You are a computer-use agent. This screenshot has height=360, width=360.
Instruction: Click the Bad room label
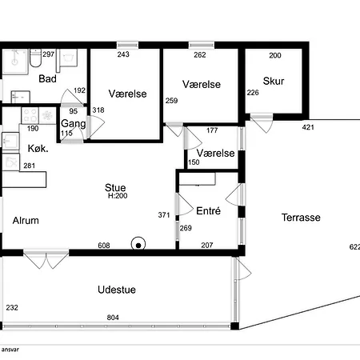(47, 79)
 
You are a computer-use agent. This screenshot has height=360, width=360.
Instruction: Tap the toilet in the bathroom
(35, 58)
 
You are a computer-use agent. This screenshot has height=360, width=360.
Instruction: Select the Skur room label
(274, 81)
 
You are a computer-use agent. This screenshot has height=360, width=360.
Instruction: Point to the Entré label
(208, 211)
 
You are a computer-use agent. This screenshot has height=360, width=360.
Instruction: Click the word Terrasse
(301, 218)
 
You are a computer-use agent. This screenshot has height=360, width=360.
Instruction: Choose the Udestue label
(117, 290)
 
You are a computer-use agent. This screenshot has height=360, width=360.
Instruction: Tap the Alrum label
(26, 221)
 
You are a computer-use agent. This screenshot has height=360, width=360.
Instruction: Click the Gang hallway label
(74, 124)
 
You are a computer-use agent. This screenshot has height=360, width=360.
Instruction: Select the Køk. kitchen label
(38, 149)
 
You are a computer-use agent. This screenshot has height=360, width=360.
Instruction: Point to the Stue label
(115, 187)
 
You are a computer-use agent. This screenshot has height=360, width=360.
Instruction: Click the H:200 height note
(118, 196)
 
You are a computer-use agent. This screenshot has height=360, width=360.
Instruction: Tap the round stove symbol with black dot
(138, 244)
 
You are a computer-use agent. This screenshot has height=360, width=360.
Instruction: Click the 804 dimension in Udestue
(113, 318)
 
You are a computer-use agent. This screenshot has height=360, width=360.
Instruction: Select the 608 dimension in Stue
(104, 246)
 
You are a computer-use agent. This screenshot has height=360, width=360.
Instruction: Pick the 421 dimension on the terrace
(308, 127)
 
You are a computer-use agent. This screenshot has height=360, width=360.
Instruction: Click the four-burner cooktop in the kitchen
(30, 115)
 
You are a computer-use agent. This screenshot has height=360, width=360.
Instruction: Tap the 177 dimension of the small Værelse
(212, 130)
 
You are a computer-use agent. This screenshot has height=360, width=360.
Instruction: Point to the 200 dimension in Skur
(275, 55)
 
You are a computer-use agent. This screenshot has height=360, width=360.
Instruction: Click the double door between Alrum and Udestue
(46, 259)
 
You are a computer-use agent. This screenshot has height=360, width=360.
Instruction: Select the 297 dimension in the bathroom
(49, 54)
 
